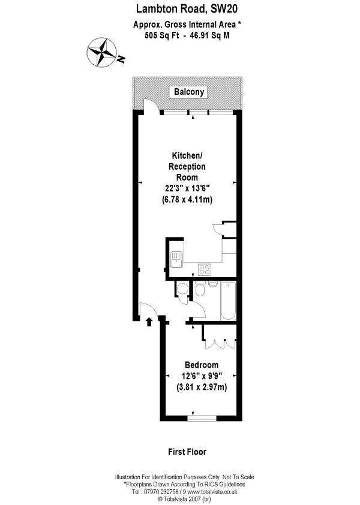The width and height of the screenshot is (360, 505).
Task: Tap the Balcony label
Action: tap(190, 92)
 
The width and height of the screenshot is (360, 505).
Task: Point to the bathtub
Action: tap(228, 300)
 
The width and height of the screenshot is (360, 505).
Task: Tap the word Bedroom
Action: tap(202, 365)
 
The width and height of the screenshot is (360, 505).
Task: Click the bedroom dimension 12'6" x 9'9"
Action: tap(202, 376)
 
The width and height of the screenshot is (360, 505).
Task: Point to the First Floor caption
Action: tap(187, 452)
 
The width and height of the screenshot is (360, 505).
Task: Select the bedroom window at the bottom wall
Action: tap(202, 416)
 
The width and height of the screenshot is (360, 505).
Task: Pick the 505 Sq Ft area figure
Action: tap(159, 35)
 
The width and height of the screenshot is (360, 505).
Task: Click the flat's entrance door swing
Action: tap(146, 310)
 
